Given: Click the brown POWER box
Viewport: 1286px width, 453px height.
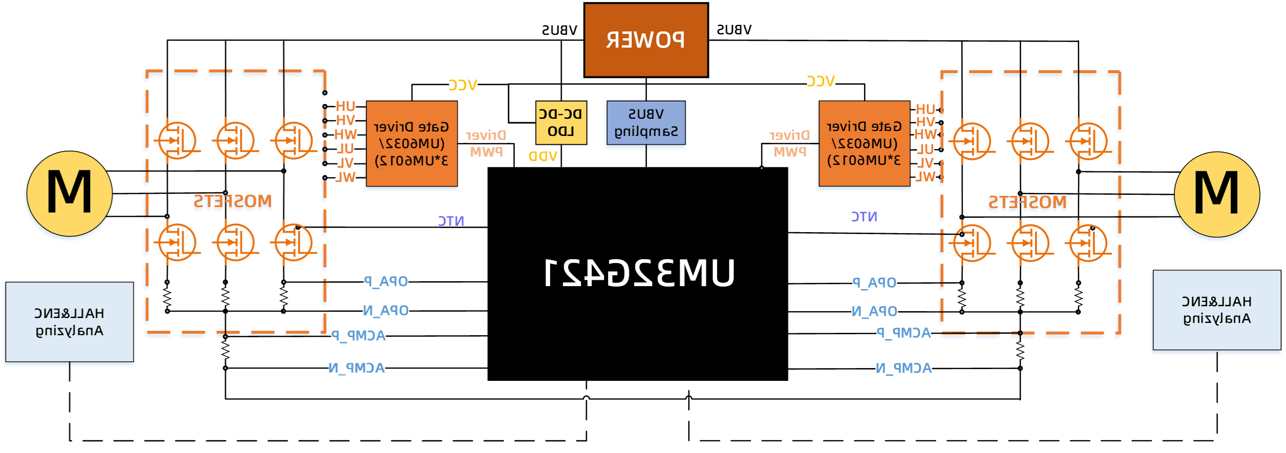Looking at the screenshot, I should tap(646, 40).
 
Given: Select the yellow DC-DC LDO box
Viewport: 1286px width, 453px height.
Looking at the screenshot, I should tap(560, 123).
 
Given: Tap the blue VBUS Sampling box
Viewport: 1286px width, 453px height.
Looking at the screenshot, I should tap(645, 123).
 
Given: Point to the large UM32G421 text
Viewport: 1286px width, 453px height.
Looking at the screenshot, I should tap(640, 273).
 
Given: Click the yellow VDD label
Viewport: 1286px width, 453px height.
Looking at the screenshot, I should tap(542, 156).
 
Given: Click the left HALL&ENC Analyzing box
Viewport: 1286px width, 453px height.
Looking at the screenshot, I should tap(69, 322).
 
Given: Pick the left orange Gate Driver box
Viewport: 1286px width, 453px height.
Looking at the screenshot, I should tap(411, 144).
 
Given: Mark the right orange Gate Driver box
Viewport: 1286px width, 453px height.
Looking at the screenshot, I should tap(864, 144).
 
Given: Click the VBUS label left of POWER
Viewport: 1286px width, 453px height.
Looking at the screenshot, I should tap(559, 30).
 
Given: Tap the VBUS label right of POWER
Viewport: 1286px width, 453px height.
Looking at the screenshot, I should tap(734, 30).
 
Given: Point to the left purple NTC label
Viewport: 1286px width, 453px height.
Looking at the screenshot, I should tap(451, 221).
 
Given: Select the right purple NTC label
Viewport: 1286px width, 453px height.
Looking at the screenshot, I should tap(864, 216).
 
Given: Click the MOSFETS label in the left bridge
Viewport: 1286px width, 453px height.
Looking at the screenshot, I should tap(233, 202).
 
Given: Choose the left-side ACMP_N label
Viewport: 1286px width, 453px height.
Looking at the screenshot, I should tap(357, 368).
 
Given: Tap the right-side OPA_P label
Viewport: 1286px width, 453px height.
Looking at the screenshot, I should tap(874, 283).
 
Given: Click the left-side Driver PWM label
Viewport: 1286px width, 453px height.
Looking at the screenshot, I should tap(486, 144).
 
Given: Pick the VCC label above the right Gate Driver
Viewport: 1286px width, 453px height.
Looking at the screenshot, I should tap(820, 81).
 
